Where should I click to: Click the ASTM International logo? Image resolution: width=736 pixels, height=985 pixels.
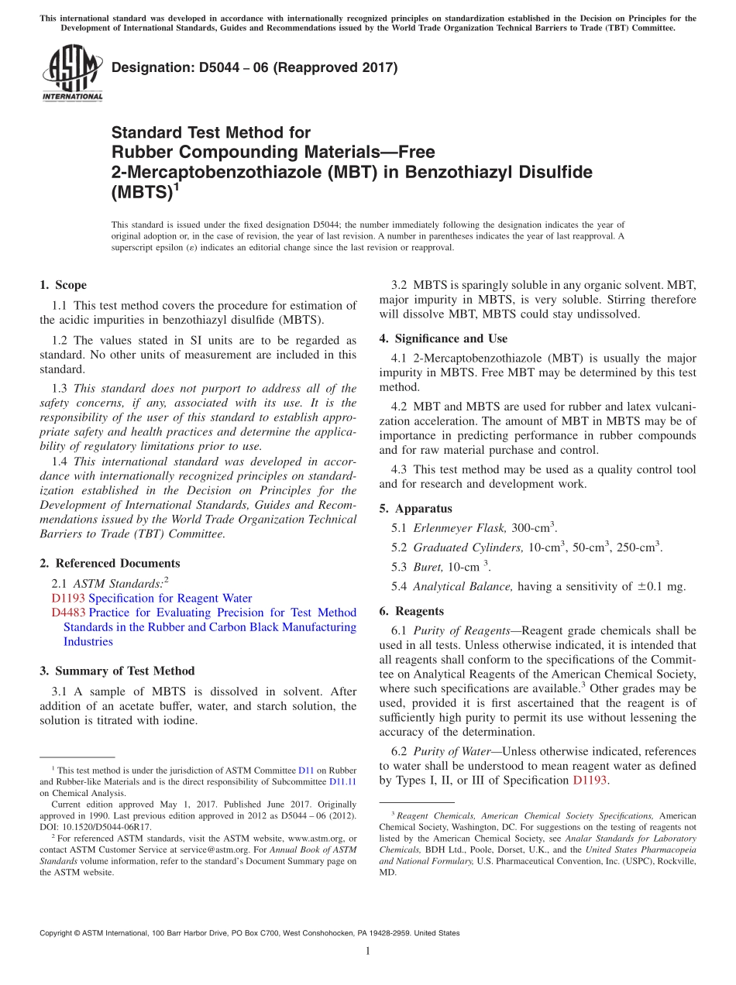(72, 74)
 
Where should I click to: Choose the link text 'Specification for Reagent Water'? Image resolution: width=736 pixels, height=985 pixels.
(170, 598)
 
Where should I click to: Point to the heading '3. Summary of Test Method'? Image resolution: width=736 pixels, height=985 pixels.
(117, 671)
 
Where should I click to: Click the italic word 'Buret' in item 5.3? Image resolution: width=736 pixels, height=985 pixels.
(428, 567)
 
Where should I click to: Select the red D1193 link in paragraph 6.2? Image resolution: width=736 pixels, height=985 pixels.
(590, 781)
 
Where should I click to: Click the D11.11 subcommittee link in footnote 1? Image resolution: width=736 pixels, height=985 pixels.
(342, 781)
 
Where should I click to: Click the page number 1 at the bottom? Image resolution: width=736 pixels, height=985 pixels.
(368, 951)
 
